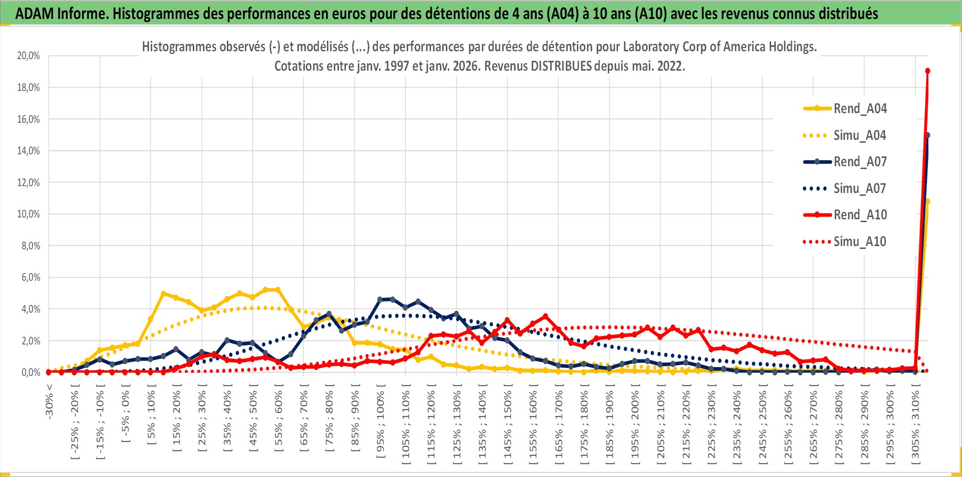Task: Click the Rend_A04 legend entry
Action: pos(860,109)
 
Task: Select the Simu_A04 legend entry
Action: pos(860,135)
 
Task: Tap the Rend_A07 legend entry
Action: pos(860,162)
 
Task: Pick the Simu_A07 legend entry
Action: pos(860,188)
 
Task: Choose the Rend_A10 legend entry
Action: pos(860,215)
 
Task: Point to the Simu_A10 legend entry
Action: pos(860,242)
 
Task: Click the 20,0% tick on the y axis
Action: pos(29,56)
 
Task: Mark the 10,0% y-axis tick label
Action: pos(29,214)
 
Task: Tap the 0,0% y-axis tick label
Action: pos(30,372)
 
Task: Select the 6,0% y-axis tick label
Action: pos(30,277)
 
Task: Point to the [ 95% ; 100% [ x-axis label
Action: pos(380,425)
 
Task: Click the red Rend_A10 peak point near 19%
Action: pos(927,71)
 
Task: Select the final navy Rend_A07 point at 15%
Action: pos(927,135)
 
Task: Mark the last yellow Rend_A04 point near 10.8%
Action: pos(927,201)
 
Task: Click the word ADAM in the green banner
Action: pos(35,13)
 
